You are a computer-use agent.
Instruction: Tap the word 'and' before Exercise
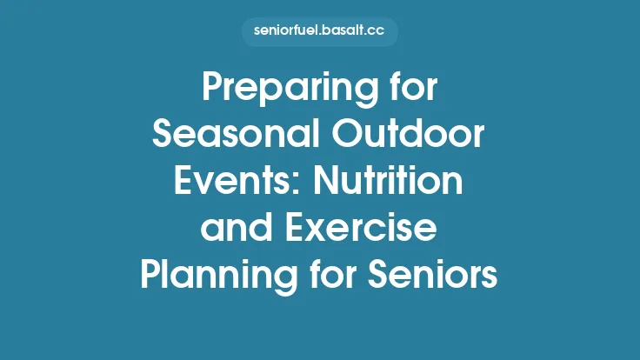click(x=231, y=229)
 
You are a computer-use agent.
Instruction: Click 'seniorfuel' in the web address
click(x=291, y=32)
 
